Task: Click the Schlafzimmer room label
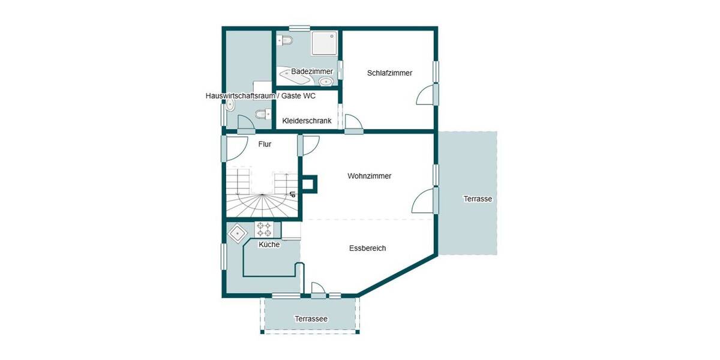[389, 73]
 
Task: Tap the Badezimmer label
[312, 71]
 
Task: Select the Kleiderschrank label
[307, 121]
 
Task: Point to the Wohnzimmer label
[369, 176]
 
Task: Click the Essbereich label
[367, 248]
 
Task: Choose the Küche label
[269, 244]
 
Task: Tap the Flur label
[265, 144]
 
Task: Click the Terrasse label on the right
[478, 199]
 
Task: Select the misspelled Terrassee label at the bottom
[311, 319]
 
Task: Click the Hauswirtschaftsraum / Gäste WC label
[260, 96]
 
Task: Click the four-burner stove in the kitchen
[265, 229]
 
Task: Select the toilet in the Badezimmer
[284, 41]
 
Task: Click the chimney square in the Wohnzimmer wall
[310, 185]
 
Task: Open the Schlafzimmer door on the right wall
[427, 94]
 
